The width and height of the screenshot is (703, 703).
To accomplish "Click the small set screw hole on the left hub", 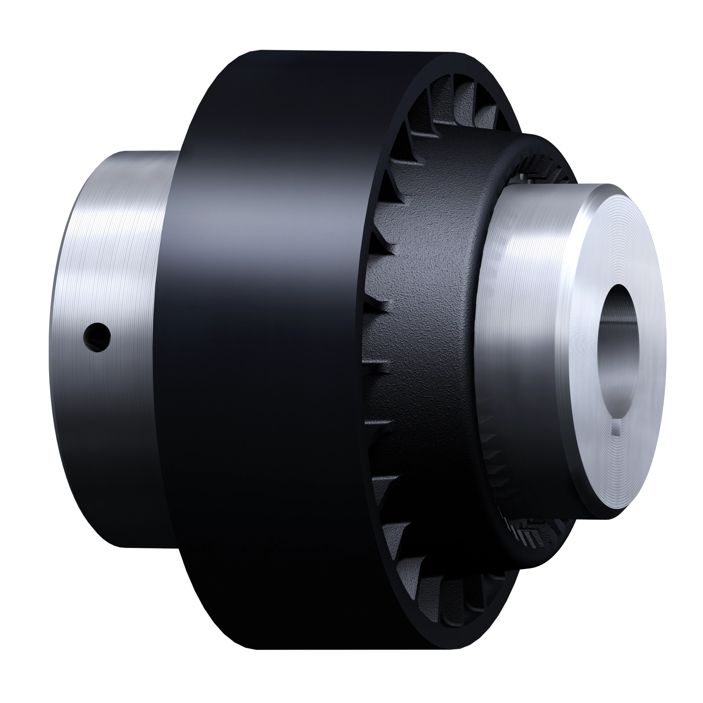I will click(97, 335).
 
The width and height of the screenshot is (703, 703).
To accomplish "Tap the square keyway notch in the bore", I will click(618, 427).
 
